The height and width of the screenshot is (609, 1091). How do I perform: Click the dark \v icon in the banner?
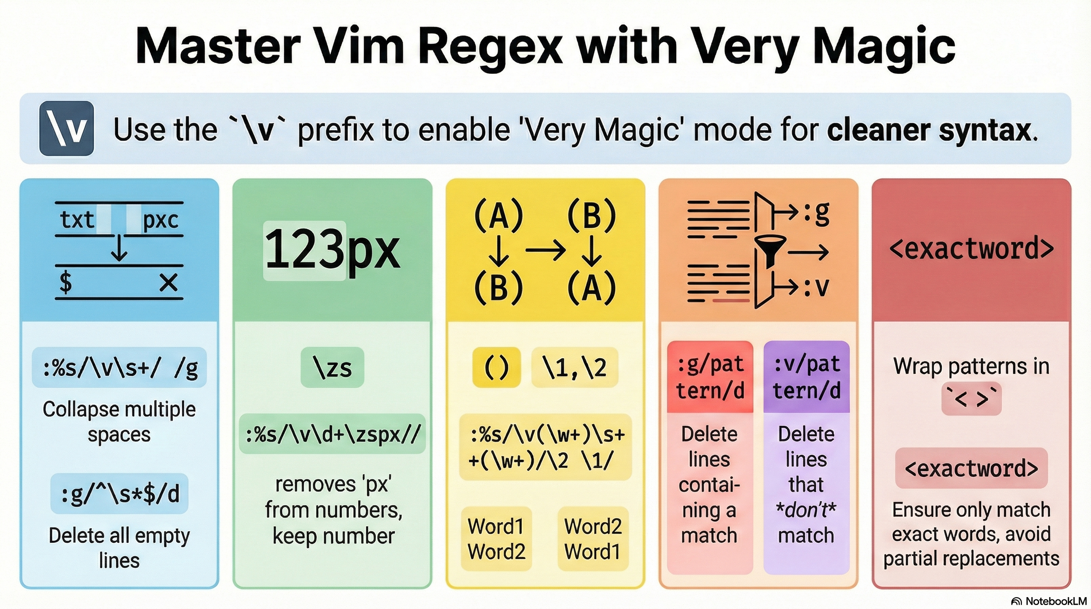coord(67,128)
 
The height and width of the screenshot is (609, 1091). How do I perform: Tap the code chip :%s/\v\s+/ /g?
coord(119,368)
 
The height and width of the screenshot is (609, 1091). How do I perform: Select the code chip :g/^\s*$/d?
coord(119,494)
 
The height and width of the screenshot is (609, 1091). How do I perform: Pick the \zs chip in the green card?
coord(333,368)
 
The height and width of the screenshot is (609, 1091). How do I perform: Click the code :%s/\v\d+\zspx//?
coord(333,434)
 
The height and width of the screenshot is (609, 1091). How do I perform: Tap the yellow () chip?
coord(496,368)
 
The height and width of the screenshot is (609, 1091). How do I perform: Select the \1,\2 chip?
coord(575,368)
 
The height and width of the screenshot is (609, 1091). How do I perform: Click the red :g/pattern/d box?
coord(710,377)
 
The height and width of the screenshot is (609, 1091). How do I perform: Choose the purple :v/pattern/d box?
coord(806,377)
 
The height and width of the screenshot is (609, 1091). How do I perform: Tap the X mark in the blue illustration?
coord(168,282)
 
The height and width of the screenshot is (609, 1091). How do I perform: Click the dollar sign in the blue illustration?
coord(66,282)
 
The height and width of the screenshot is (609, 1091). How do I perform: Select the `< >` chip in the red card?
coord(971,399)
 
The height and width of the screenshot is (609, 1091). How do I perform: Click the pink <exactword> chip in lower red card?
coord(971,468)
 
